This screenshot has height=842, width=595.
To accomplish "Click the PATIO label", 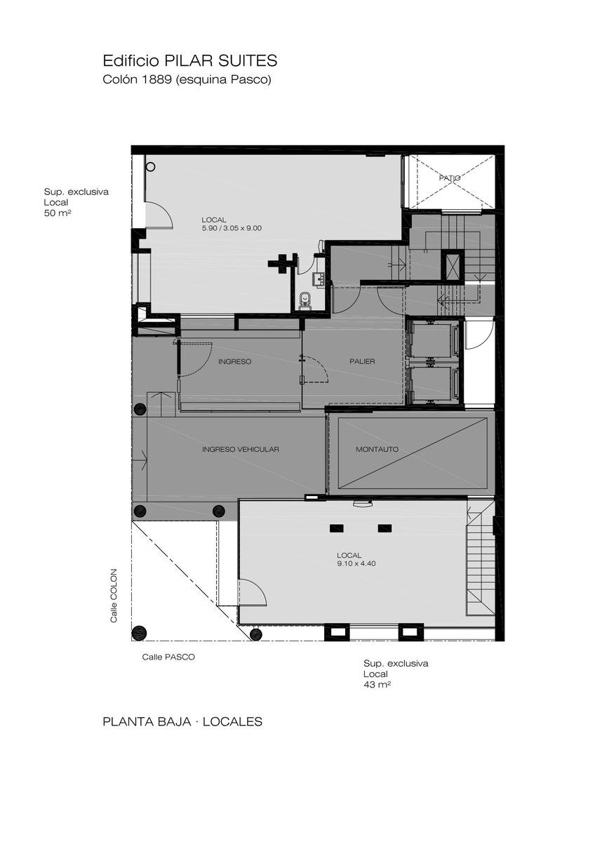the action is (450, 178).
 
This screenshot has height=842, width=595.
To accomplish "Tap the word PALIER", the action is (362, 361).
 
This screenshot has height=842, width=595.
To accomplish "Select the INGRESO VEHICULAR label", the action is (241, 449).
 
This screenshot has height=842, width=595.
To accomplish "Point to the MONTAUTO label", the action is (377, 449).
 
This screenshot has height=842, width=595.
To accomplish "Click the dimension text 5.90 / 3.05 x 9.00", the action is (232, 228).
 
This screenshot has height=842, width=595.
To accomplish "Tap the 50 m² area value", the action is (58, 213).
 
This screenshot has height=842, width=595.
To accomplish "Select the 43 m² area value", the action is (377, 685).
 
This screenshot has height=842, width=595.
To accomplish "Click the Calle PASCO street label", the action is (168, 657).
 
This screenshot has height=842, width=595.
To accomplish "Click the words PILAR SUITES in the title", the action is (220, 60).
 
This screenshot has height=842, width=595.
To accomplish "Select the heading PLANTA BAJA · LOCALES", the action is (182, 722).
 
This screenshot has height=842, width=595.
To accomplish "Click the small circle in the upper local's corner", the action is (150, 167).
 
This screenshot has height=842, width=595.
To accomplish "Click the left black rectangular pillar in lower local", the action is (336, 528).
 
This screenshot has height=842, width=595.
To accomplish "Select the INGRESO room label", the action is (234, 361).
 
